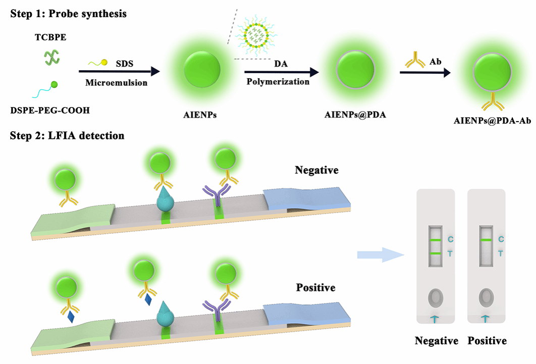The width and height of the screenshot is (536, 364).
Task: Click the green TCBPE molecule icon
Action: coord(51,57)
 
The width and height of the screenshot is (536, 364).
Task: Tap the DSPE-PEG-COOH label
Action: coord(49,110)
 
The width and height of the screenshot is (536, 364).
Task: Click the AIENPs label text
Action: coord(201,115)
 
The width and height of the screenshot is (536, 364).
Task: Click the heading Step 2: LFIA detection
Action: coord(67,136)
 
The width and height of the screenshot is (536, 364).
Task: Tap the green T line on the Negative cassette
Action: coord(437,253)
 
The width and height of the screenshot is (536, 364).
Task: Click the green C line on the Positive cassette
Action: coord(486,240)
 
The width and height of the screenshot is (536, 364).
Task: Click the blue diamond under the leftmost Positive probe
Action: coord(71,317)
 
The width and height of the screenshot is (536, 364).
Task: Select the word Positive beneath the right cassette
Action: coord(487,341)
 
